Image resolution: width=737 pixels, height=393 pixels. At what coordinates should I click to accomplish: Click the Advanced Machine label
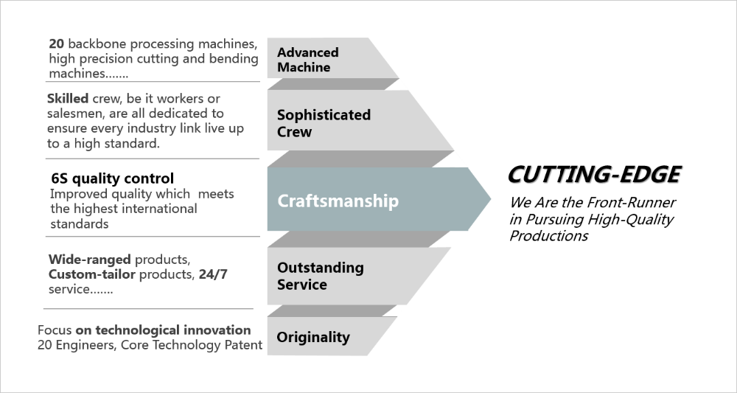tap(307, 60)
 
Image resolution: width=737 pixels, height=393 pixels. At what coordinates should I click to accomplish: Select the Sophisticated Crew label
tap(323, 123)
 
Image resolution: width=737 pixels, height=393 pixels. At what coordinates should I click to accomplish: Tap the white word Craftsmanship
tap(338, 201)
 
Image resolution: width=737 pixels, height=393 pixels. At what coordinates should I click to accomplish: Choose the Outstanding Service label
tap(320, 275)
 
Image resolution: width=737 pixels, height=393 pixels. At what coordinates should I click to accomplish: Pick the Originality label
tap(312, 337)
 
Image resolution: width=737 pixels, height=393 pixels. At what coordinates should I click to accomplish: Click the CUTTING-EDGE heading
tap(594, 175)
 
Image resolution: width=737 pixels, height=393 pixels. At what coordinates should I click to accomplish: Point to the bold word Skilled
tap(69, 99)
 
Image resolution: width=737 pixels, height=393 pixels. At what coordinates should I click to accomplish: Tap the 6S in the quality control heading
tap(60, 178)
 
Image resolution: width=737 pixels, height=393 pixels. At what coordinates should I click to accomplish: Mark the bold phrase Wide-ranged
tap(89, 260)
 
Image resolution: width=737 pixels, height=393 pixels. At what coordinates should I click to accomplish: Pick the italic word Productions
tap(548, 236)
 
